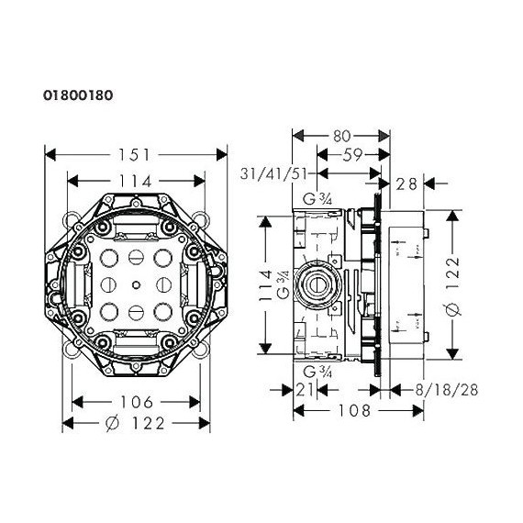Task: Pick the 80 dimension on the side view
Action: point(341,136)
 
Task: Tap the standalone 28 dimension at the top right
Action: point(406,184)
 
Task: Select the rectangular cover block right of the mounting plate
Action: point(404,284)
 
